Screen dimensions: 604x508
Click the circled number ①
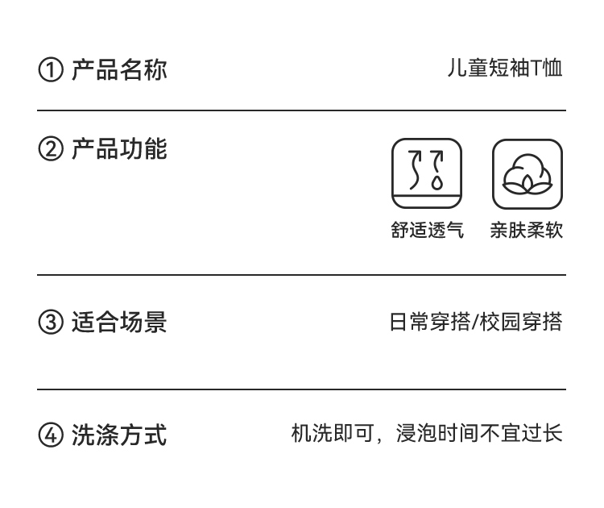point(50,70)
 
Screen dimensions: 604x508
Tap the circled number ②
point(50,150)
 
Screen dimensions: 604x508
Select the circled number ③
point(50,323)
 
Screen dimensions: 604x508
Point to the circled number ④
point(50,436)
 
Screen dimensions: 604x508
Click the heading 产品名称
point(119,69)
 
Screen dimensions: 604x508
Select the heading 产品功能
point(119,149)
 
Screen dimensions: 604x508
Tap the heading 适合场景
point(119,323)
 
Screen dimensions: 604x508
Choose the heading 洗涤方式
point(119,435)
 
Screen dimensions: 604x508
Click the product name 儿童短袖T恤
point(505,69)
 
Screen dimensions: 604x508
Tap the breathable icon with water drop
point(427,173)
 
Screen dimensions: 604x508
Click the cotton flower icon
point(527,173)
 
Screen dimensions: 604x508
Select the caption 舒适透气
point(427,231)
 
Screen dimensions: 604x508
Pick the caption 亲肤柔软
point(527,231)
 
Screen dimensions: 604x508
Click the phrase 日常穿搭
point(430,323)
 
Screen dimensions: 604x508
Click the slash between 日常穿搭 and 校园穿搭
point(476,323)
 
